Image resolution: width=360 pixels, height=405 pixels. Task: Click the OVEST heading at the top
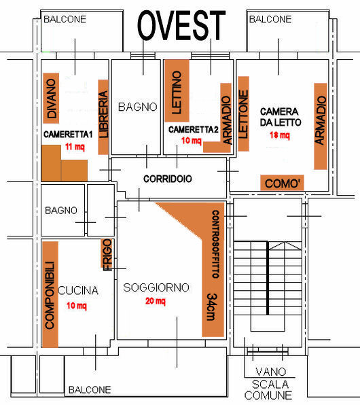(x=181, y=25)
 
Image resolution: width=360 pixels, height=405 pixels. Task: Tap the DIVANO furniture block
(x=51, y=98)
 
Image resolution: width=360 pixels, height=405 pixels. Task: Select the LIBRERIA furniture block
(x=103, y=117)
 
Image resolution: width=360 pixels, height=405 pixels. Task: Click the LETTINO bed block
(x=177, y=90)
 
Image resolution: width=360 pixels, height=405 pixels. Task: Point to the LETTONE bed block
(x=243, y=113)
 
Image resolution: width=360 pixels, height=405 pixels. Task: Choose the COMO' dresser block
(x=282, y=183)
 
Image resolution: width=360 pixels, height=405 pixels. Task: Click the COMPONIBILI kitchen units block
(x=50, y=294)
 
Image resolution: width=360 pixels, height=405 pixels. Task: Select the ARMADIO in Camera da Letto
(x=321, y=126)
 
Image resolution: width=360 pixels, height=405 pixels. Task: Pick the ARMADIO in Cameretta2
(x=226, y=118)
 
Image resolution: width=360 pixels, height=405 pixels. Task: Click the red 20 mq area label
(x=156, y=301)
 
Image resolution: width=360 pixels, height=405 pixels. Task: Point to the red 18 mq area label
(x=280, y=135)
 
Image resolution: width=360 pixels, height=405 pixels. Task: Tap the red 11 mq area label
(x=75, y=147)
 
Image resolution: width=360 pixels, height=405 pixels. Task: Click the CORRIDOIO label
(x=168, y=179)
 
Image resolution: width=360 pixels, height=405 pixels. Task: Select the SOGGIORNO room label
(x=156, y=287)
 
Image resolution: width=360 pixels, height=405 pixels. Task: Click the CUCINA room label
(x=78, y=291)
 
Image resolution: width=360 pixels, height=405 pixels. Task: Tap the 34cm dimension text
(x=212, y=306)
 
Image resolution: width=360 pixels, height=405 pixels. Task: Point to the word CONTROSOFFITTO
(x=215, y=244)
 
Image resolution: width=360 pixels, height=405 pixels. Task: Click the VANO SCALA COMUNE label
(x=268, y=383)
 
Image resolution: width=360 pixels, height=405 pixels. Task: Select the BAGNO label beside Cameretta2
(x=138, y=107)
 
